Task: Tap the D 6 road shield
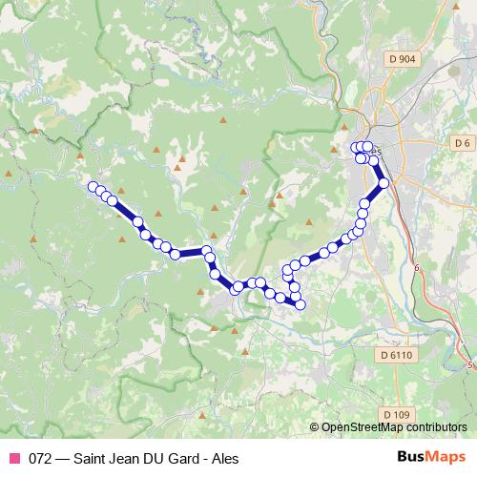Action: pos(463,143)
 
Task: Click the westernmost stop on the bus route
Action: pos(93,187)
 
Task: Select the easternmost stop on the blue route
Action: pos(384,182)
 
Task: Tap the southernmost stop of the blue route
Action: pos(300,304)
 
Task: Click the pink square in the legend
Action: pos(13,458)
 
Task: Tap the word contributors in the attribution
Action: pos(438,428)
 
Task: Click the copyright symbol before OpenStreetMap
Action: pos(315,428)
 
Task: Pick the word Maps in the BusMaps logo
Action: pos(445,457)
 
